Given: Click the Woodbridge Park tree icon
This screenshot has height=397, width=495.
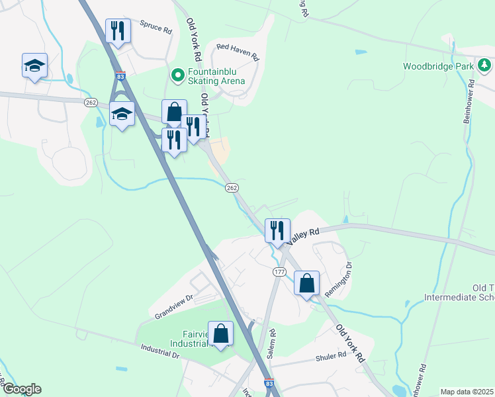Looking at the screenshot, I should coord(484,66).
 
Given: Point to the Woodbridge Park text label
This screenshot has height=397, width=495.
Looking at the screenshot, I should coord(439,66).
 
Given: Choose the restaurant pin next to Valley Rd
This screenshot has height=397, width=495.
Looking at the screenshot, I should coord(277,231).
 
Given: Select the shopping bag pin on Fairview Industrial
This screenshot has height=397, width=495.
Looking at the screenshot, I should coord(221,334).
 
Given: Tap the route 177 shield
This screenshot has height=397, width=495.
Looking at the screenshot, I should coord(279,272).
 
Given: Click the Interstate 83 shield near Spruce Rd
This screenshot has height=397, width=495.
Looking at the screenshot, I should coord(120,77).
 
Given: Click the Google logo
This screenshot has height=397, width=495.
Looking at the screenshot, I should coord(22,389).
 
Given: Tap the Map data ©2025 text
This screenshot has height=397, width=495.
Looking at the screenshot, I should coord(467,392).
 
